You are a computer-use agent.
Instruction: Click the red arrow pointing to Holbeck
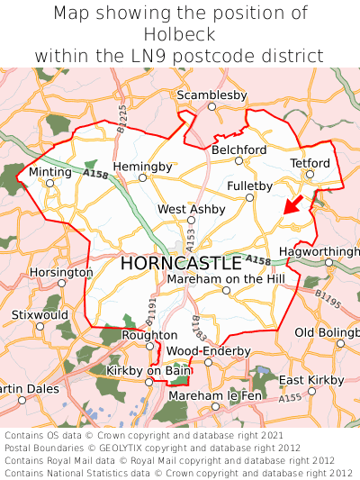[x=292, y=204]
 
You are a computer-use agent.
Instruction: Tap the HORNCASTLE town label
[x=180, y=264]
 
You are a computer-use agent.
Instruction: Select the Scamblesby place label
[x=211, y=95]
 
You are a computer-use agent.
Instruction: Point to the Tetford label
[x=310, y=163]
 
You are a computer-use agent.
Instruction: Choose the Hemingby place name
[x=142, y=167]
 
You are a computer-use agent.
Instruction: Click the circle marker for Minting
[x=50, y=183]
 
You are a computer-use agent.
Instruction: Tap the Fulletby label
[x=249, y=186]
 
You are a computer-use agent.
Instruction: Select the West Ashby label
[x=191, y=209]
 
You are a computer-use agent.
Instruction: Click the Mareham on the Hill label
[x=225, y=279]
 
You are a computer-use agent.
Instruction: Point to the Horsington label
[x=61, y=272]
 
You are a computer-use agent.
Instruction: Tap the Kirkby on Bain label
[x=148, y=370]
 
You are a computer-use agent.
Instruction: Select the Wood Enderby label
[x=208, y=350]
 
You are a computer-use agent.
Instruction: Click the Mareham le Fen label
[x=215, y=395]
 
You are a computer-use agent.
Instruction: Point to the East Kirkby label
[x=311, y=380]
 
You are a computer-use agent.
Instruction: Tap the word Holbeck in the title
[x=180, y=34]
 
